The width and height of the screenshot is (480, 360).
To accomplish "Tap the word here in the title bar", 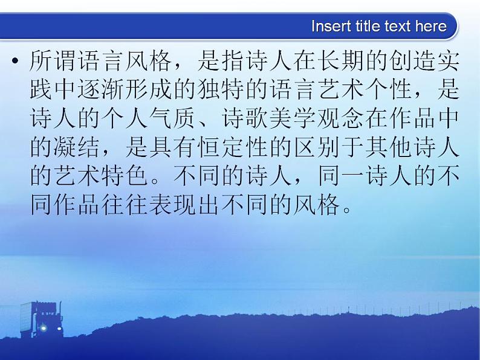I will pyautogui.click(x=430, y=27).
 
